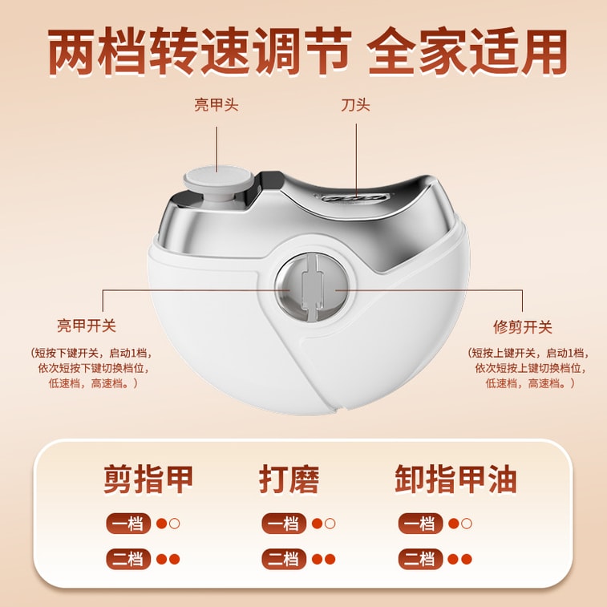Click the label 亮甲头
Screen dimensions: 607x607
216,105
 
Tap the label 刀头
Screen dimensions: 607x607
355,105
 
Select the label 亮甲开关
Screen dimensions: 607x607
87,326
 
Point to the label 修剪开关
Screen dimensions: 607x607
522,327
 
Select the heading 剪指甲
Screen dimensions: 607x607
148,480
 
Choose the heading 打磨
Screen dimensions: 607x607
289,480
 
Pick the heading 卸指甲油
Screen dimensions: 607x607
455,480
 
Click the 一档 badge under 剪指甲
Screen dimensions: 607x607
128,524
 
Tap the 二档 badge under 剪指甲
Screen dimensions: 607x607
128,559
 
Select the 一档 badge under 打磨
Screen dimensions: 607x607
284,524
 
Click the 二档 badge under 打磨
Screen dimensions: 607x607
284,559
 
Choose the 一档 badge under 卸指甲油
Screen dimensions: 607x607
420,524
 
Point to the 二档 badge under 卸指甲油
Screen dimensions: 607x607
420,559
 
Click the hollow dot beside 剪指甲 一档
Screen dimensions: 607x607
175,524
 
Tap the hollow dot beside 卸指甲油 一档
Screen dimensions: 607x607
467,524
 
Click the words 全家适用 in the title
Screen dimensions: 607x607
467,51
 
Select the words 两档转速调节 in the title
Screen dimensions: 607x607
199,51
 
